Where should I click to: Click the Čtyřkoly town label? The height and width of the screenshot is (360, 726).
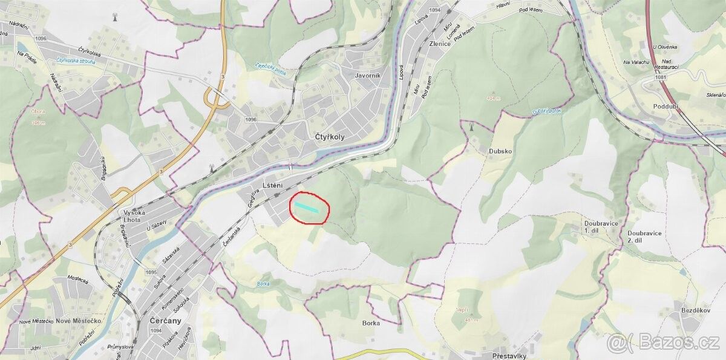tap(330, 137)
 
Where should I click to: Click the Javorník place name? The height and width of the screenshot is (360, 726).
tap(368, 76)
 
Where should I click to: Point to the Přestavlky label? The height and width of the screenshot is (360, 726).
tap(509, 356)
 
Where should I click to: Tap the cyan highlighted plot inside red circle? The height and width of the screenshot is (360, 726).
tap(307, 207)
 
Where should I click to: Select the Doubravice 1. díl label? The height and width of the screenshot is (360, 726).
tap(601, 227)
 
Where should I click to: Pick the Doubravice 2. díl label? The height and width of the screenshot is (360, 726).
tap(644, 237)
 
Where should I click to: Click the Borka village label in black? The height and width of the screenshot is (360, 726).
tap(371, 323)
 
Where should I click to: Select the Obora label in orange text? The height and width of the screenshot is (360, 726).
tap(38, 111)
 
